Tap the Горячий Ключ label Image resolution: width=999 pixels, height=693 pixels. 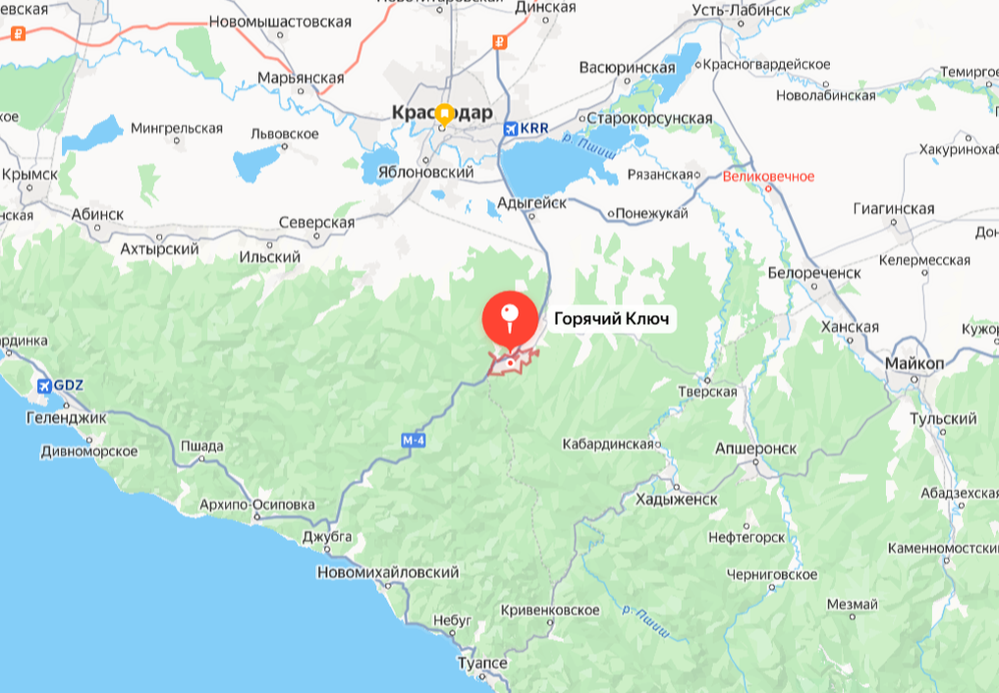click(611, 319)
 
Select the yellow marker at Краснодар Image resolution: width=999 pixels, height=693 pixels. click(444, 114)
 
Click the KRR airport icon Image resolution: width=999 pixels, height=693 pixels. click(510, 129)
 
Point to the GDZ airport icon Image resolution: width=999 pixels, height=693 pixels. click(43, 385)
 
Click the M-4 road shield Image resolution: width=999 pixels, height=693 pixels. click(414, 442)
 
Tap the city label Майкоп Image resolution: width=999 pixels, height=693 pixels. click(914, 363)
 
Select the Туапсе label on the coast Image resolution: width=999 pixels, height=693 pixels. click(482, 664)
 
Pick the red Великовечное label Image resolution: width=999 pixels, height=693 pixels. click(768, 177)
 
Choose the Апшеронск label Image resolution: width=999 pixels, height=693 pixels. click(754, 448)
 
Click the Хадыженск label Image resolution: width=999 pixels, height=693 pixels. click(677, 499)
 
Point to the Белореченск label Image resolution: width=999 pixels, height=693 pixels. click(814, 272)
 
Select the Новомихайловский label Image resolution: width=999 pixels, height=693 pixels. click(388, 572)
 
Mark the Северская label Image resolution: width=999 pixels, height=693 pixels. click(316, 223)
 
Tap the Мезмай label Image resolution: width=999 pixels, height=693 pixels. click(852, 604)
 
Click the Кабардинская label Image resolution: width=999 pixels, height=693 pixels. click(607, 445)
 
